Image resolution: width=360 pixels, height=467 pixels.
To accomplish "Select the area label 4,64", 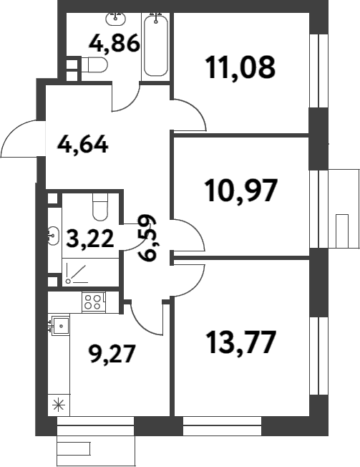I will pyautogui.click(x=83, y=145).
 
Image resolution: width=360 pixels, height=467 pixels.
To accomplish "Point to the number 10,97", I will pyautogui.click(x=240, y=191).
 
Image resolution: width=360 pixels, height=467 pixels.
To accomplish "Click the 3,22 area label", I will pyautogui.click(x=89, y=238).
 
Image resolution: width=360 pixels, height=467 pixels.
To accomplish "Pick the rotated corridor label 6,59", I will pyautogui.click(x=149, y=239).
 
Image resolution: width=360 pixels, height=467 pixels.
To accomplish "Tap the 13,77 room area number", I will pyautogui.click(x=240, y=342).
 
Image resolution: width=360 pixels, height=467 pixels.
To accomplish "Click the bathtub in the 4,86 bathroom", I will pyautogui.click(x=156, y=46).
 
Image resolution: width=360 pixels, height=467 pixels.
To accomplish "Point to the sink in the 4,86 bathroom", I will pyautogui.click(x=114, y=17).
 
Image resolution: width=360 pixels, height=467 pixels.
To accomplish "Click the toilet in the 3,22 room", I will pyautogui.click(x=99, y=208).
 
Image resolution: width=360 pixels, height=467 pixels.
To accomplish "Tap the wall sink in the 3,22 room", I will pyautogui.click(x=54, y=232).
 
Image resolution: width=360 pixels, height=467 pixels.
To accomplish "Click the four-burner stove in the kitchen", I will pyautogui.click(x=93, y=302).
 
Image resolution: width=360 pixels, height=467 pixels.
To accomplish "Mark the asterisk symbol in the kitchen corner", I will pyautogui.click(x=58, y=403).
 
